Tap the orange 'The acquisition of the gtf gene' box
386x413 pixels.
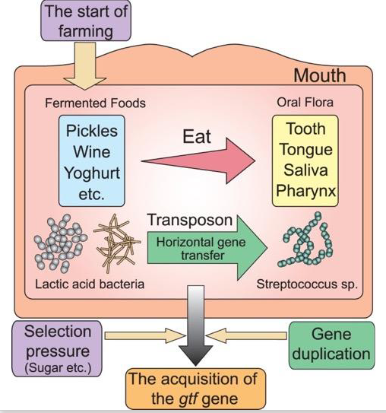194,387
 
